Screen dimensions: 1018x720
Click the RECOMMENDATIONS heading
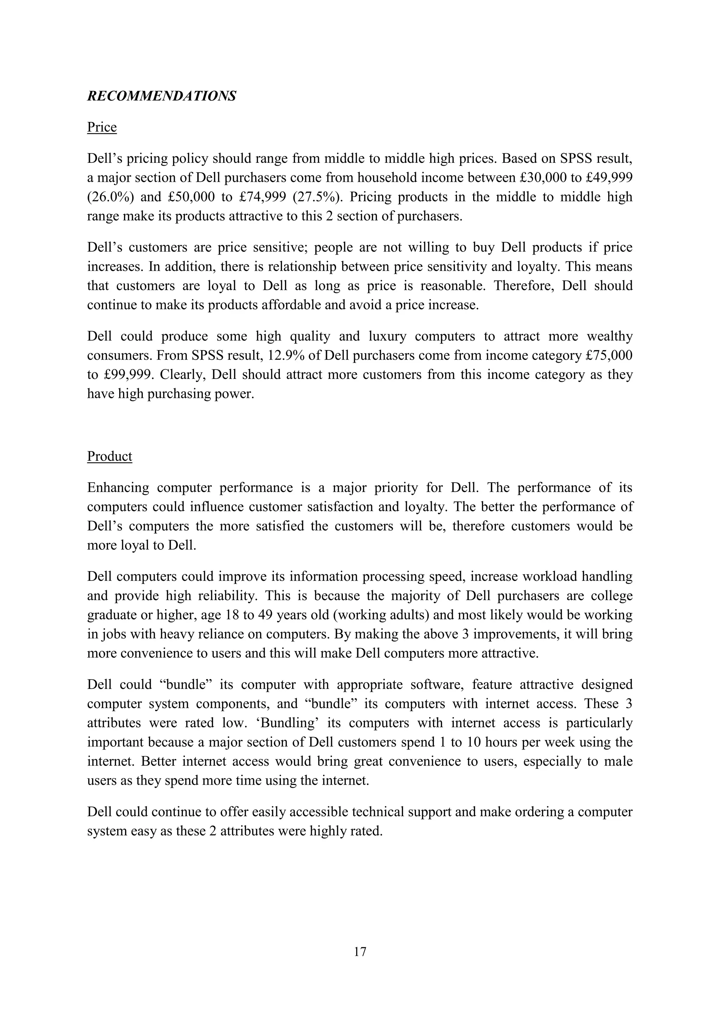coord(161,96)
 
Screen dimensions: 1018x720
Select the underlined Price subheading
coord(102,127)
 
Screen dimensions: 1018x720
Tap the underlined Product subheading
coord(109,456)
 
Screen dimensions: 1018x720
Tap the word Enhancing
coord(117,488)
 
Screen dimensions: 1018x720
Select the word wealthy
coord(610,336)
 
